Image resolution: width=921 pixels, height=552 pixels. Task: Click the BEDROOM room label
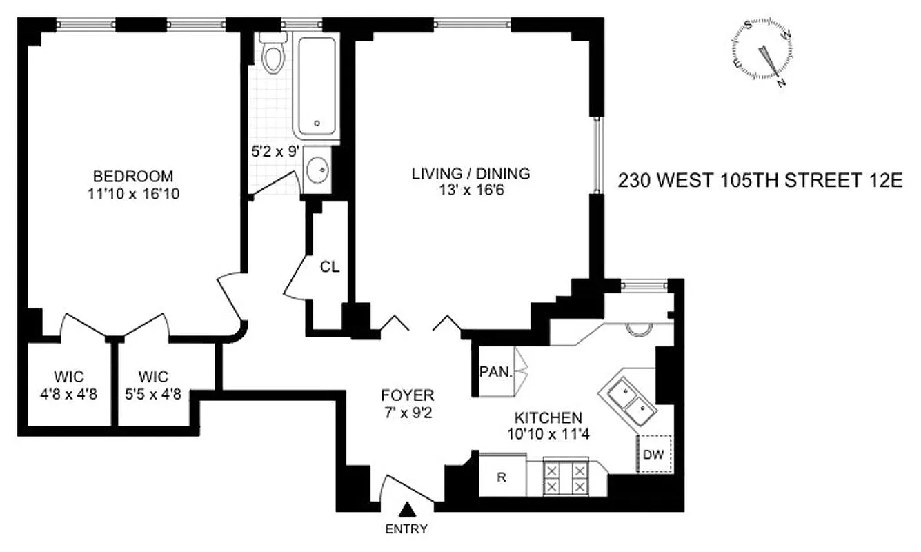tap(134, 176)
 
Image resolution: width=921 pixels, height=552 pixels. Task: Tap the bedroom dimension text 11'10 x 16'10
tap(134, 194)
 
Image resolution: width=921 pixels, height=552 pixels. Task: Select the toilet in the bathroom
tap(275, 57)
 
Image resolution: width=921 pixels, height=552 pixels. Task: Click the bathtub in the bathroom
tap(316, 86)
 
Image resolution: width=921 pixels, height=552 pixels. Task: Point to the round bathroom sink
tap(318, 170)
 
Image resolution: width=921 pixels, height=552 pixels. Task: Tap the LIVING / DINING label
tap(471, 173)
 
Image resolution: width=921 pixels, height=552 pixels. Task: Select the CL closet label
tap(330, 267)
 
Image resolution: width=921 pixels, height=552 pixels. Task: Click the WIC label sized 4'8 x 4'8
tap(69, 377)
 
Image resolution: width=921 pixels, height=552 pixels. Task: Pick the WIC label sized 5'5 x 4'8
tap(153, 377)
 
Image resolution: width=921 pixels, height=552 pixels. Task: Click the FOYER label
tap(408, 395)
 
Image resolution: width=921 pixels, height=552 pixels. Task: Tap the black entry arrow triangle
tap(408, 509)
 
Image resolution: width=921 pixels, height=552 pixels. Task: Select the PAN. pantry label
tap(496, 373)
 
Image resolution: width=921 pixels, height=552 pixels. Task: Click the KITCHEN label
tap(548, 417)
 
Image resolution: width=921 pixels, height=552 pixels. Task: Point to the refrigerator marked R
tap(502, 476)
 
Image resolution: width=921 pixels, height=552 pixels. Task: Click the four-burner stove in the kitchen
tap(566, 477)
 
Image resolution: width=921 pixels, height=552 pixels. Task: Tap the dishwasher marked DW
tap(653, 454)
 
